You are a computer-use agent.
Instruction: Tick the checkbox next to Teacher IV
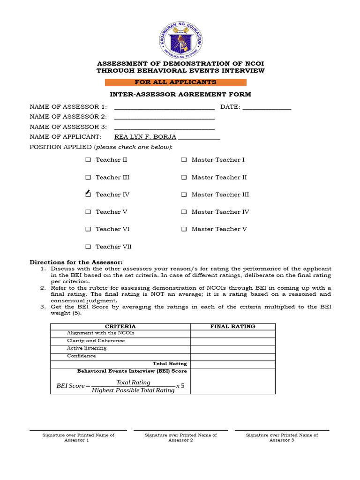[88, 195]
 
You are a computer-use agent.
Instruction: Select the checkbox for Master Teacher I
[184, 160]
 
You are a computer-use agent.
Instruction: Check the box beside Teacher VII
[88, 247]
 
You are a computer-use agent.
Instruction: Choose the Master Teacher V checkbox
[184, 229]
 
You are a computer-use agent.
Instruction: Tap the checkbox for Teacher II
[88, 160]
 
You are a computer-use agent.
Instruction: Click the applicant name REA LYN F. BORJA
[145, 137]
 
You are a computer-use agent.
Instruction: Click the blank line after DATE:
[267, 107]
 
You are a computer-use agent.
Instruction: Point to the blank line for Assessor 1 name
[164, 107]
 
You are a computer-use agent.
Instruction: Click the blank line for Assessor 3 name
[164, 127]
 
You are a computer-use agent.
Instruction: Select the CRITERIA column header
[120, 326]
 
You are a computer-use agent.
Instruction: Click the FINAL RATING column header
[232, 326]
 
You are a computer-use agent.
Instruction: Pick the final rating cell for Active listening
[232, 348]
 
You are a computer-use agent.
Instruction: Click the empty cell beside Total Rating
[232, 364]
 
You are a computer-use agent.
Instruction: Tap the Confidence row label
[82, 356]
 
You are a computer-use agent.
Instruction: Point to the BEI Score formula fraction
[133, 386]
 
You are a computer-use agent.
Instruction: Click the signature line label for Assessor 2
[180, 437]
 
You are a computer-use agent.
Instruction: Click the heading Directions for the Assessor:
[76, 262]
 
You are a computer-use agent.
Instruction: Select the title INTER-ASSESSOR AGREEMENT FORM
[180, 94]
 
